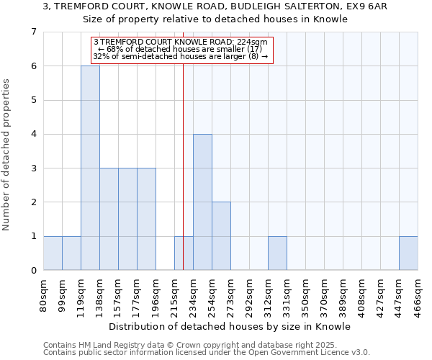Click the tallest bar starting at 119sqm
(90, 168)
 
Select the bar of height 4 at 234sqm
(202, 202)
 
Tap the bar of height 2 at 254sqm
(221, 235)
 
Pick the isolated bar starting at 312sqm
(277, 253)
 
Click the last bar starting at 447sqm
(408, 253)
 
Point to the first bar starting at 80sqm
(53, 253)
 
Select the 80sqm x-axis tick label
(43, 294)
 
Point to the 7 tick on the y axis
(33, 32)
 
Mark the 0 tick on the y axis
(33, 271)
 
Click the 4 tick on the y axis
(33, 135)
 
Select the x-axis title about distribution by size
(230, 326)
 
